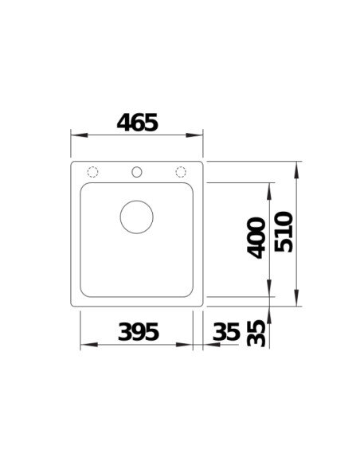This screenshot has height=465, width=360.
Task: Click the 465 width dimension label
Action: [x=137, y=122]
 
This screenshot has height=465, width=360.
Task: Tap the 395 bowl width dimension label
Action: [x=137, y=330]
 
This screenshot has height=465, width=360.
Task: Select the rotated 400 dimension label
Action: [x=256, y=236]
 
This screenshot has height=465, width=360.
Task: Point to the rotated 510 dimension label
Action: [x=284, y=232]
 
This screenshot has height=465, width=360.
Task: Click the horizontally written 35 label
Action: [x=226, y=330]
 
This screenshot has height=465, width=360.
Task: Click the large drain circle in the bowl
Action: [x=135, y=216]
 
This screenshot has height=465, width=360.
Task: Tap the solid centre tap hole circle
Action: [x=136, y=171]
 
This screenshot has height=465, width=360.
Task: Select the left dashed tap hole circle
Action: [x=92, y=171]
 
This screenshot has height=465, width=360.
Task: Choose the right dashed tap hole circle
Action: [x=181, y=171]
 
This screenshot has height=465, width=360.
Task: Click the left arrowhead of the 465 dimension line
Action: [x=76, y=135]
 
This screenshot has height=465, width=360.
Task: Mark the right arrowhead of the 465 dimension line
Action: [x=199, y=135]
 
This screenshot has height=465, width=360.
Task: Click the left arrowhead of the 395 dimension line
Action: [x=87, y=345]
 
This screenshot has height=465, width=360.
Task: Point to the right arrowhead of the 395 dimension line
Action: [x=188, y=345]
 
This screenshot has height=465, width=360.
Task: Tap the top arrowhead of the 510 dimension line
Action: [x=297, y=168]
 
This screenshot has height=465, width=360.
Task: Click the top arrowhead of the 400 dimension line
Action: [x=271, y=188]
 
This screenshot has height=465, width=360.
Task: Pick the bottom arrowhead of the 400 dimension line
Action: [x=271, y=291]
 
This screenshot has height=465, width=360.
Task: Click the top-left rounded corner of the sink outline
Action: [x=75, y=165]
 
